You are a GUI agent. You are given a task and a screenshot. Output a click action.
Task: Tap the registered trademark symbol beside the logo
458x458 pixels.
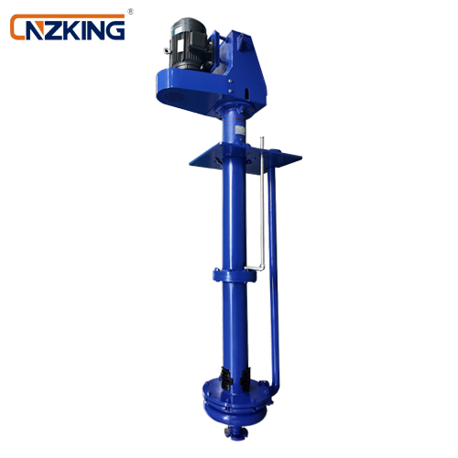click(x=130, y=12)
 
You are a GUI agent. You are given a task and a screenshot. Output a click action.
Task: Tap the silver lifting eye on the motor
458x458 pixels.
click(x=167, y=51)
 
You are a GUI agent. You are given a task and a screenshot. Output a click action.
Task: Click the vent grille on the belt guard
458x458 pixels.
click(x=176, y=98)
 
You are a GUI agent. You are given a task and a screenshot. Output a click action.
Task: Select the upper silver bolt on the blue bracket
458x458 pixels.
click(x=230, y=81)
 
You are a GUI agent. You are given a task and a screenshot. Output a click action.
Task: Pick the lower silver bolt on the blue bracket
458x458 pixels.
click(x=231, y=91)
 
